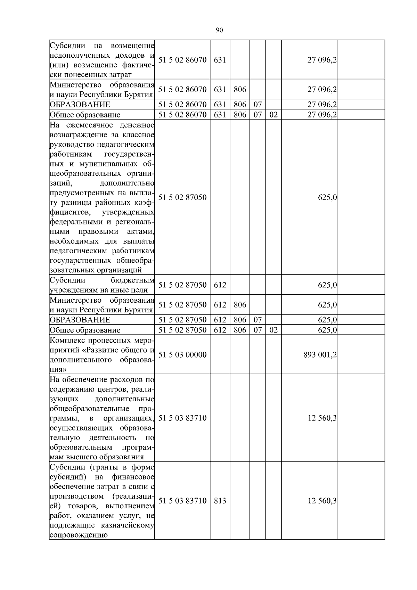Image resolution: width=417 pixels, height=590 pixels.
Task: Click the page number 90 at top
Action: [219, 30]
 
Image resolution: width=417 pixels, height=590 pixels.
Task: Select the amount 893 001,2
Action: [320, 355]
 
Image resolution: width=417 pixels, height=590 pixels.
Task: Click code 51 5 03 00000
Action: [182, 355]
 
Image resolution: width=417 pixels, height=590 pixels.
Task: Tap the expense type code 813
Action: [220, 501]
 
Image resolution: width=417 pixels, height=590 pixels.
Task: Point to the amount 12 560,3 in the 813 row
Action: [322, 501]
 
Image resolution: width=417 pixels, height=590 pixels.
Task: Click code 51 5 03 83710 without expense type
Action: [182, 418]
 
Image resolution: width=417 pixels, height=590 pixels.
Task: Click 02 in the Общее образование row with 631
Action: [273, 115]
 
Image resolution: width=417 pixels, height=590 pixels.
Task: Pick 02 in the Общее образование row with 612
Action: [273, 330]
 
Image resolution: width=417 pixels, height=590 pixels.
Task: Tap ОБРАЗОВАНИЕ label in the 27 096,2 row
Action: [80, 105]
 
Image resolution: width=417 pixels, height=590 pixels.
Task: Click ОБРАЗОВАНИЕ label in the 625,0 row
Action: [80, 320]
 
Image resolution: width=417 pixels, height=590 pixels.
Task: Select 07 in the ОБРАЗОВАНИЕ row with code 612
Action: [257, 320]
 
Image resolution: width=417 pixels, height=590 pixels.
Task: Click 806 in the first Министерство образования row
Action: [240, 90]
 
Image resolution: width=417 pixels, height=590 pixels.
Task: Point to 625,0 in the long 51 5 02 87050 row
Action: [327, 197]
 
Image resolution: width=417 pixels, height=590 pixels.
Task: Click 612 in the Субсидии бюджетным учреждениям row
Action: [220, 285]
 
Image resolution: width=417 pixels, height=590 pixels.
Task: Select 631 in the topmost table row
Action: [220, 60]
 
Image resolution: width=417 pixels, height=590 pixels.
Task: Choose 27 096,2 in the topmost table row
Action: [322, 60]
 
